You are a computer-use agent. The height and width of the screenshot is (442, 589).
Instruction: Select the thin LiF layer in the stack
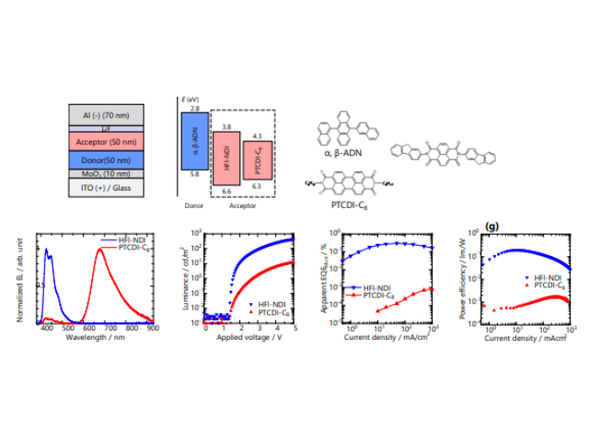point(106,128)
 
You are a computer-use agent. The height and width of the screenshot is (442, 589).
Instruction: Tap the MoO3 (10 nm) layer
point(106,173)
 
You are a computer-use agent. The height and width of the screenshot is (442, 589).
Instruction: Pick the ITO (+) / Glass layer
point(106,188)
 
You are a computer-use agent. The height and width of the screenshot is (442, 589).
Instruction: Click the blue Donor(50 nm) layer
point(106,159)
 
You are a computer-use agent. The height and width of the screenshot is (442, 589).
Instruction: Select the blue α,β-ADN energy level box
point(195,141)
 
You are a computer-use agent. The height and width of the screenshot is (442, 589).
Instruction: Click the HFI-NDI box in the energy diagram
point(225,157)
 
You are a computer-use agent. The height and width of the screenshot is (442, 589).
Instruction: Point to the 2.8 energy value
point(195,109)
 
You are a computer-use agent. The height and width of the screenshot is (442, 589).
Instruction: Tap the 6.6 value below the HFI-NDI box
point(225,191)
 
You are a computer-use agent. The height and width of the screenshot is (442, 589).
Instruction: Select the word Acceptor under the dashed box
point(241,207)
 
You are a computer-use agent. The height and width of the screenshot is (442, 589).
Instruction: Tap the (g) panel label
point(492,225)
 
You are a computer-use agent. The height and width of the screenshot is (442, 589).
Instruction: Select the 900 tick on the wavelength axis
point(152,328)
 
